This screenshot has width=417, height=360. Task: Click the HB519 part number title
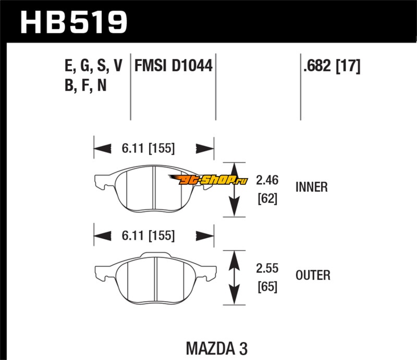[x=73, y=21]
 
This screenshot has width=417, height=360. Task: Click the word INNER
[x=311, y=187]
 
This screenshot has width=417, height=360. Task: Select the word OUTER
[x=312, y=275]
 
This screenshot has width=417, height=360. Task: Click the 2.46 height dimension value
[x=267, y=181]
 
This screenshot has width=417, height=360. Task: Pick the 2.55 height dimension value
[x=267, y=269]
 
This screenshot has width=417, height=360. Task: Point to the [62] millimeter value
[x=267, y=198]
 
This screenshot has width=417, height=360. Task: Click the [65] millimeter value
[x=267, y=286]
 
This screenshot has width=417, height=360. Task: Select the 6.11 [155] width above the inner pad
[x=149, y=148]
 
